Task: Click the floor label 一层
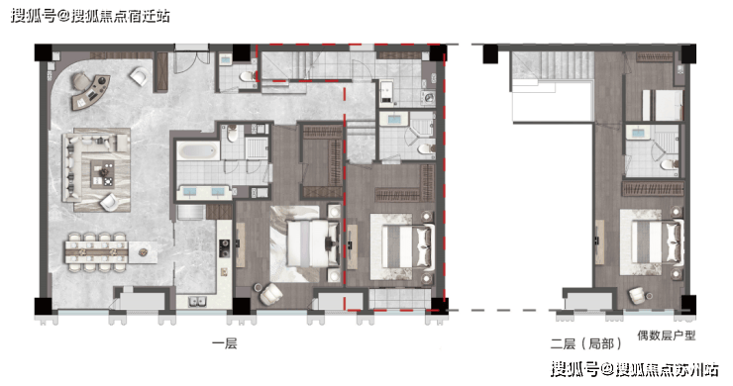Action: (x=225, y=344)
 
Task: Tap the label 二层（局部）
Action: (x=586, y=344)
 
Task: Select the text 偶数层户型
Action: (x=667, y=336)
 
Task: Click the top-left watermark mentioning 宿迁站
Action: (x=90, y=16)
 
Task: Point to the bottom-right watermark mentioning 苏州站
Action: (x=634, y=369)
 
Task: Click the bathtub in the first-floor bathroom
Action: (x=198, y=151)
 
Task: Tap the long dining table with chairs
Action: (x=97, y=252)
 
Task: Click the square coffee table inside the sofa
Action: (x=102, y=174)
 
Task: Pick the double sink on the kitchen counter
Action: (x=198, y=302)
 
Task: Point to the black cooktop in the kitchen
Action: (x=225, y=248)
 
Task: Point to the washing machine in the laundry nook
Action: (x=429, y=98)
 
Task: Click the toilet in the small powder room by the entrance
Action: (x=248, y=76)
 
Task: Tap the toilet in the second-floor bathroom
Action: (x=670, y=164)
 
